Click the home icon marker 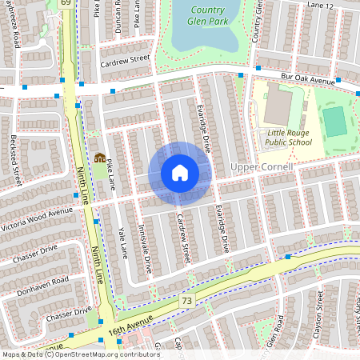click(180, 172)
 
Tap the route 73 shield click(186, 300)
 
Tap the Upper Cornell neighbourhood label click(262, 166)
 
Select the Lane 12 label click(318, 6)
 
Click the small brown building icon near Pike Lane click(99, 158)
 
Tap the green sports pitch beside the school click(334, 121)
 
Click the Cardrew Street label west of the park click(125, 58)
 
